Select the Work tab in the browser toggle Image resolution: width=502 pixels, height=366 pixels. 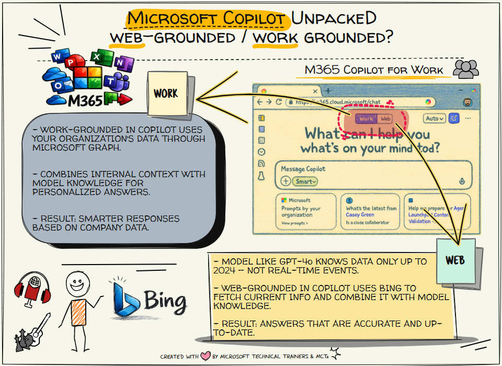pos(366,119)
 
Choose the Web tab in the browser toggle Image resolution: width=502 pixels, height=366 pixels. pos(385,119)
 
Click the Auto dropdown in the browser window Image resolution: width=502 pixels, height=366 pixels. pos(435,119)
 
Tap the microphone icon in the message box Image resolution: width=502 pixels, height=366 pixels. pos(462,181)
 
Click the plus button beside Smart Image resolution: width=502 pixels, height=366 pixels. pos(286,181)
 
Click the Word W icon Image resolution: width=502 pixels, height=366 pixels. pos(57,56)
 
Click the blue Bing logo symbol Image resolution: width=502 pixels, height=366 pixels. pos(124,301)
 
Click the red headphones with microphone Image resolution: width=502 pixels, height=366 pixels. pos(32,290)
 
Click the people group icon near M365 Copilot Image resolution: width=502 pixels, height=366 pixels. pos(465,70)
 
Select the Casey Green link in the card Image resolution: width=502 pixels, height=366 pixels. pos(360,215)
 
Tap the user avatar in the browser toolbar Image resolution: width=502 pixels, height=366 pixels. pos(467,102)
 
